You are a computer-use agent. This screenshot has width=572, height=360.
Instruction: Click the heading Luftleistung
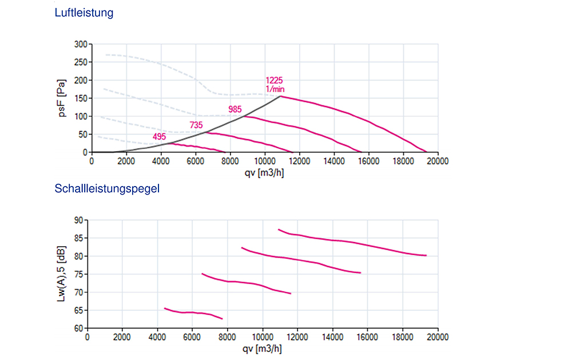click(84, 13)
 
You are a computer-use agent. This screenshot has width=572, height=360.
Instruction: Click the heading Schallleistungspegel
click(106, 188)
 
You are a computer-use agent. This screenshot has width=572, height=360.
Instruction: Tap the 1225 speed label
click(274, 80)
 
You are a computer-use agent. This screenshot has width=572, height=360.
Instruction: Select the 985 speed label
click(235, 109)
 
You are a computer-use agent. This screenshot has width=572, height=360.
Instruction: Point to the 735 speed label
click(196, 124)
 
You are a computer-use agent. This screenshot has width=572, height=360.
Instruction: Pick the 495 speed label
click(160, 137)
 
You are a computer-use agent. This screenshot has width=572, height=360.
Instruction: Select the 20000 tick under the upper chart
click(438, 161)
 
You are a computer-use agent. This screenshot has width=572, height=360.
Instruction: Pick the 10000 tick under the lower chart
click(262, 338)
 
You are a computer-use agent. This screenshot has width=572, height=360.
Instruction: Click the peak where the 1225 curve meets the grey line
click(280, 96)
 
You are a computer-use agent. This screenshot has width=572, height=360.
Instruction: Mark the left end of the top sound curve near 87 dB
click(279, 230)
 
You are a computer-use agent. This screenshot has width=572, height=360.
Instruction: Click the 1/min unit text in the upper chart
click(275, 89)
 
